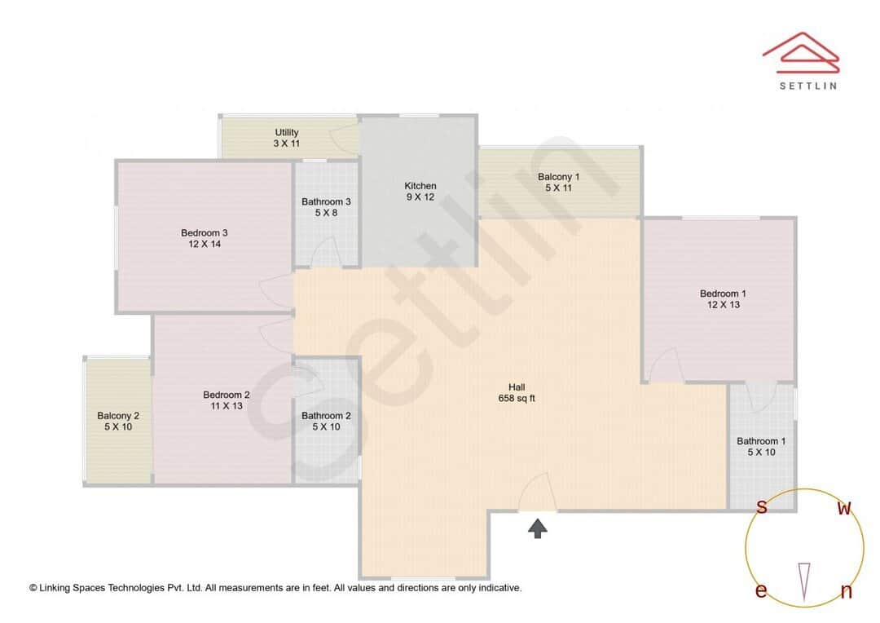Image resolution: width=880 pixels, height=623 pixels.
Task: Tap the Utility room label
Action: (287, 138)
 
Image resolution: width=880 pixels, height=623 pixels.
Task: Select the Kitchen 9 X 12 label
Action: (420, 192)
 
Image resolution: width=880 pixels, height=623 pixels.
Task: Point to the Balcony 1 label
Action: (559, 183)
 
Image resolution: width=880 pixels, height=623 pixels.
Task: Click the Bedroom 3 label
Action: (204, 238)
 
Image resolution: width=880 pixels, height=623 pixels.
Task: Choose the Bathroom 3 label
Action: (326, 207)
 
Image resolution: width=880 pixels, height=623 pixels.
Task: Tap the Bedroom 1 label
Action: (723, 299)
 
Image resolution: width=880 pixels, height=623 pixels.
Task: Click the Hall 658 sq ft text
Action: (517, 393)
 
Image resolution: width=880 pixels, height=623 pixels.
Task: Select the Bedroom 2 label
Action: (227, 400)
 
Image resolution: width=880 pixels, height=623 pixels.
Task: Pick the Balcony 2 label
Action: (118, 421)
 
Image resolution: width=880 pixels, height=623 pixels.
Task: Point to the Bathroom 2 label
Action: (326, 421)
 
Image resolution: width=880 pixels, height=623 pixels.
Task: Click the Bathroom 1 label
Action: (762, 447)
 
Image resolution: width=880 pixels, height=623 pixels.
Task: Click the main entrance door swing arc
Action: (538, 491)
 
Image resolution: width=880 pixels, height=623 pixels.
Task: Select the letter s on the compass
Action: (762, 507)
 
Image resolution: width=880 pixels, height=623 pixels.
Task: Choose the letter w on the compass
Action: (845, 509)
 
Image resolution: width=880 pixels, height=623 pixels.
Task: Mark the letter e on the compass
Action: (761, 591)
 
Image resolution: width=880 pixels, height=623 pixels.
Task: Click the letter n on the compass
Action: (847, 592)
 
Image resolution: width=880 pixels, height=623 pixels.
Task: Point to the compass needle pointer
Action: (804, 581)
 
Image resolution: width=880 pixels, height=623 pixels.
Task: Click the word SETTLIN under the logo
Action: (807, 85)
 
